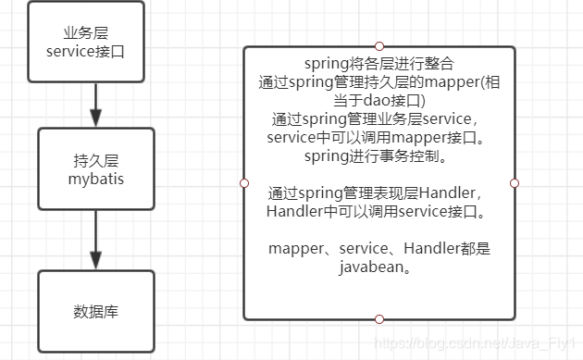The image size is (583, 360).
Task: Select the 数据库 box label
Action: pyautogui.click(x=95, y=312)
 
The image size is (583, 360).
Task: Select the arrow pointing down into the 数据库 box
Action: pyautogui.click(x=95, y=246)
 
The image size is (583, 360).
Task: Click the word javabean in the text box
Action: pyautogui.click(x=378, y=267)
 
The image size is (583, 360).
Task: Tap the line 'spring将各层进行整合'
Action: pyautogui.click(x=379, y=64)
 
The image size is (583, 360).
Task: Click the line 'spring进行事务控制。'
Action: pyautogui.click(x=379, y=155)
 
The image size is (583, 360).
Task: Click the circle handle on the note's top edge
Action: pyautogui.click(x=378, y=45)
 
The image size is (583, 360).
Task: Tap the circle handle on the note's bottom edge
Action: pyautogui.click(x=378, y=319)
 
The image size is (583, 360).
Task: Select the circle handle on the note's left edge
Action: pyautogui.click(x=243, y=182)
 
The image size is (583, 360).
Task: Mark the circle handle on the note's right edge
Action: pyautogui.click(x=514, y=182)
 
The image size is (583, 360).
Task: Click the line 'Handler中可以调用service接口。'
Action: pyautogui.click(x=379, y=211)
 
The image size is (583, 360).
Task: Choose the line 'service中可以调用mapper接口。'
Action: pyautogui.click(x=379, y=137)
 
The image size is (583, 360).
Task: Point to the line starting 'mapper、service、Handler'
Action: pyautogui.click(x=379, y=248)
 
